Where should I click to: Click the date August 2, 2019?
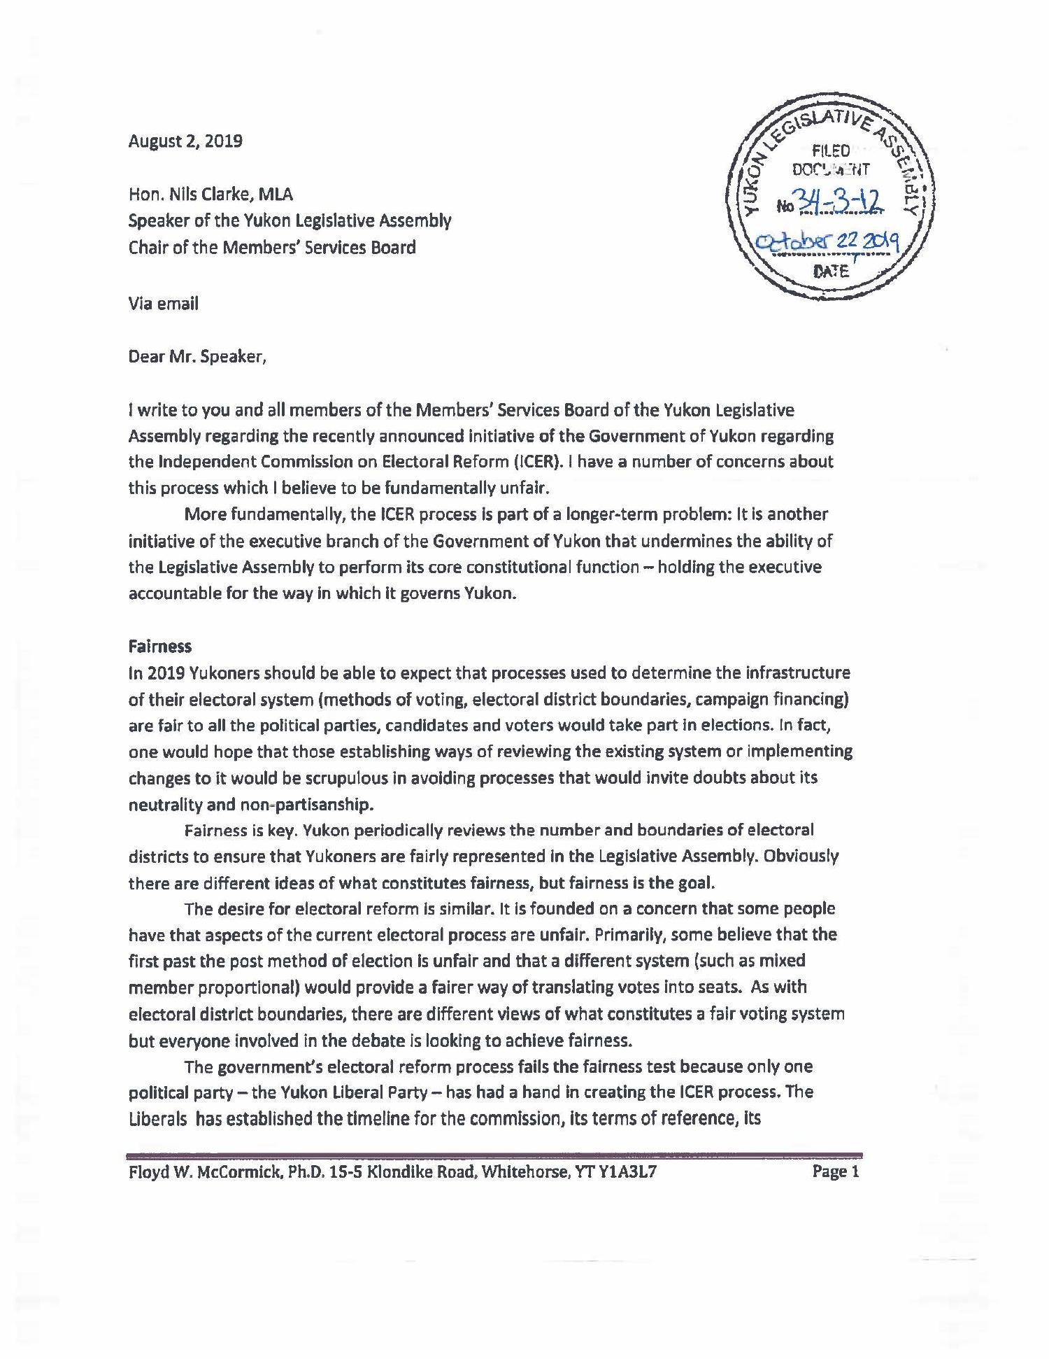tap(185, 141)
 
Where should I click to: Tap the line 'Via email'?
tap(163, 303)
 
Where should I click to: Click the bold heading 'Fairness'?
tap(159, 646)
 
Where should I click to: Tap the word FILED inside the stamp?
tap(831, 150)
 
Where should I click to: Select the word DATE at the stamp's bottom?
tap(832, 272)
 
